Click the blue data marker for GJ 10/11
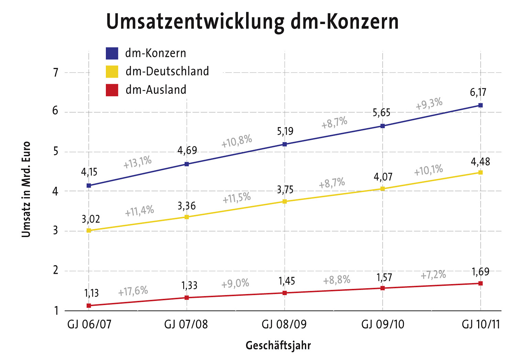click(x=480, y=105)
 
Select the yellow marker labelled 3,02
click(x=89, y=230)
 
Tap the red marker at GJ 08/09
click(x=285, y=293)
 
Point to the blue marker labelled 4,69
click(x=187, y=164)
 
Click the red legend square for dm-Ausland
click(x=112, y=90)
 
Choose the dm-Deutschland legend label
click(x=167, y=71)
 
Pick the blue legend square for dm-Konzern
click(x=112, y=53)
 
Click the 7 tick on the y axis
click(x=56, y=72)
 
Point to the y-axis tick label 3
click(x=56, y=230)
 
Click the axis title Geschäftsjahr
click(x=278, y=346)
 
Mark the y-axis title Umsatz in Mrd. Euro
click(x=26, y=189)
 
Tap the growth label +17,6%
click(x=133, y=291)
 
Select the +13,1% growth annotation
click(x=137, y=162)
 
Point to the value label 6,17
click(x=478, y=92)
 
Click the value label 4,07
click(x=383, y=177)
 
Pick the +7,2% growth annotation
click(x=433, y=275)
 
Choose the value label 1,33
click(x=189, y=285)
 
